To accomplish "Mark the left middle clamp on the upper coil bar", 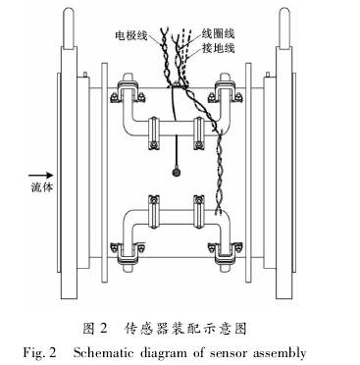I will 155,125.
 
